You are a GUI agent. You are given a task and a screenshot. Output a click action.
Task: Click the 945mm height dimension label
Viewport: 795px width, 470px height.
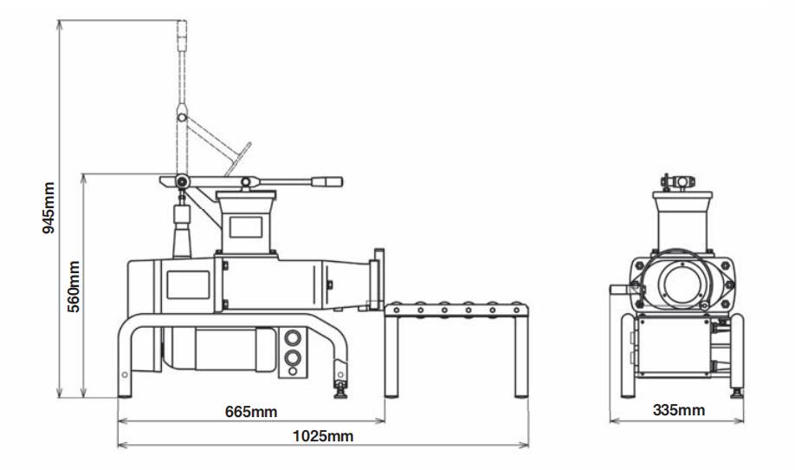[x=48, y=208]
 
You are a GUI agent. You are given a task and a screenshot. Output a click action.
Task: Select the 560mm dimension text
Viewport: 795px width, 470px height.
[x=74, y=287]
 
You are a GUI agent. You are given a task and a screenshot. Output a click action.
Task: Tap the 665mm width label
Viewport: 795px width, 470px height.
[x=251, y=412]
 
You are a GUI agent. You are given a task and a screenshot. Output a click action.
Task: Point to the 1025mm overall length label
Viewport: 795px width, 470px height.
[x=323, y=436]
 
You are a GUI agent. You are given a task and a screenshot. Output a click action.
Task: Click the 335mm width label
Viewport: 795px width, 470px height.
[x=679, y=410]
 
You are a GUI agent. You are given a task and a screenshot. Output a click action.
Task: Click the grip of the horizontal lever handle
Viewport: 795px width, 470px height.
[x=327, y=182]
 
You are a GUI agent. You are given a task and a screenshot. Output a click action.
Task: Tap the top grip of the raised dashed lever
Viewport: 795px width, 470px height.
[x=182, y=36]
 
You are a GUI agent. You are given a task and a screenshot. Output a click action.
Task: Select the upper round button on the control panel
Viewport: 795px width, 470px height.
[x=293, y=337]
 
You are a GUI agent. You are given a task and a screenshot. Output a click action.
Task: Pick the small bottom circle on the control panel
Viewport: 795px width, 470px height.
[x=293, y=371]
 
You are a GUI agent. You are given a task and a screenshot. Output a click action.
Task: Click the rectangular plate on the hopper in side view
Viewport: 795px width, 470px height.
[x=246, y=227]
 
